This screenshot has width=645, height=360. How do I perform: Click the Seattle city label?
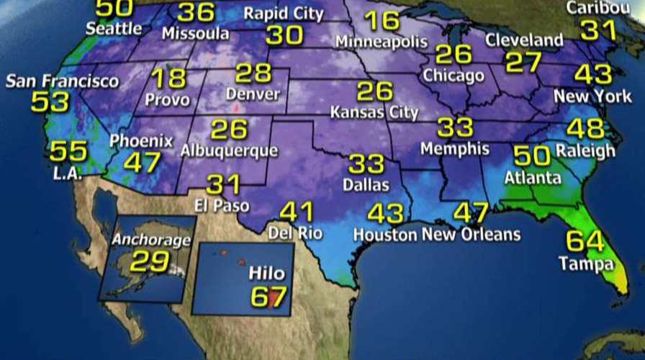coord(114,29)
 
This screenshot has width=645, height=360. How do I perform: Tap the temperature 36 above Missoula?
coord(196,12)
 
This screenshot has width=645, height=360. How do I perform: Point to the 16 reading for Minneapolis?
coord(382,22)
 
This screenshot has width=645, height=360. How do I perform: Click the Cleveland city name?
coord(523,40)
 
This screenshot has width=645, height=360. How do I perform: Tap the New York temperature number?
coord(593,74)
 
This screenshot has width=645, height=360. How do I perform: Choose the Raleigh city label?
coord(585,150)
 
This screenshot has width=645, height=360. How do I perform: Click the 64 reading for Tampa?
coord(585,240)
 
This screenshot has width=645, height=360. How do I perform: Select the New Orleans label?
coord(470,234)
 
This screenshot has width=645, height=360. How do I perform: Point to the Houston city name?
coord(384,235)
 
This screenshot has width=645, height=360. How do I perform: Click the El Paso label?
coord(221,206)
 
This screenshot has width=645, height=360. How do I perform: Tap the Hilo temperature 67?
coord(269,295)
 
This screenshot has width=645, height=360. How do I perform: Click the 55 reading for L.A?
coord(68,151)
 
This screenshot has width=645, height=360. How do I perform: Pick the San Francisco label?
coord(63,81)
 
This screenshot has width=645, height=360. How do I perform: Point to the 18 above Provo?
coord(168,78)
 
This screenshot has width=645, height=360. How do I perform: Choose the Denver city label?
coord(252,94)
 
